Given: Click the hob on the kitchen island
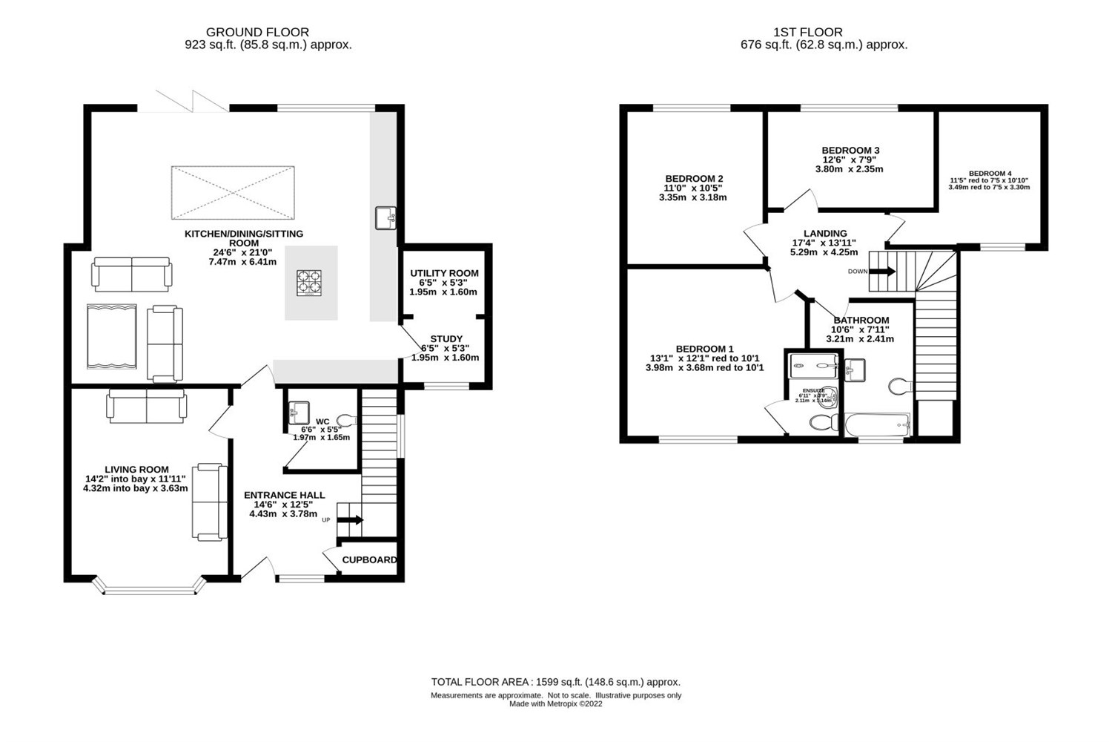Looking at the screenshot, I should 311,282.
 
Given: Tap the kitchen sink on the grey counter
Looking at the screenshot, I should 385,218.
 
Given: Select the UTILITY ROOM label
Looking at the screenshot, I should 444,273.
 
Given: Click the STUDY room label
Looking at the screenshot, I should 446,339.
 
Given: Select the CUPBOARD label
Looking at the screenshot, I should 369,560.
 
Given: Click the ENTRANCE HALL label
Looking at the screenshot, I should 284,495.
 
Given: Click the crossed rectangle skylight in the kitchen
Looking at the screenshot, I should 232,193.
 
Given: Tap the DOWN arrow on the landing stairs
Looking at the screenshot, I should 881,272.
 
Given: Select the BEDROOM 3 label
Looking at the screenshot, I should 840,150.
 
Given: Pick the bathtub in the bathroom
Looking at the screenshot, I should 878,425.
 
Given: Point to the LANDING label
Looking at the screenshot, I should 824,233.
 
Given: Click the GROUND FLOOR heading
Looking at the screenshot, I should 257,32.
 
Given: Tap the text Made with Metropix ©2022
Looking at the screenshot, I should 555,704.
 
